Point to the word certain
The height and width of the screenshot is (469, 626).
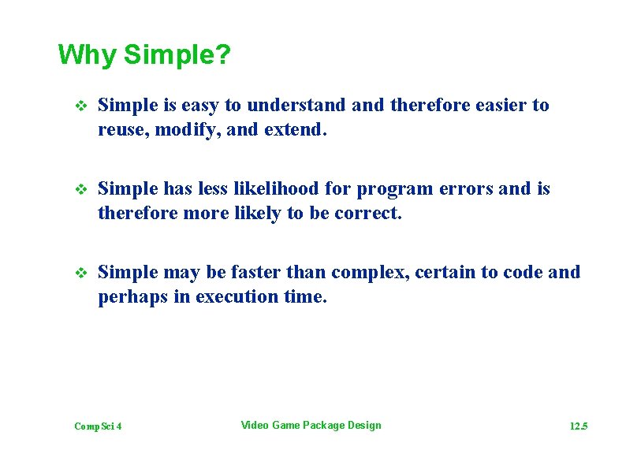point(445,273)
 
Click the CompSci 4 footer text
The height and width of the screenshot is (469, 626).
point(98,426)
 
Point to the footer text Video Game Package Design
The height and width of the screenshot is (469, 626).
point(311,426)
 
